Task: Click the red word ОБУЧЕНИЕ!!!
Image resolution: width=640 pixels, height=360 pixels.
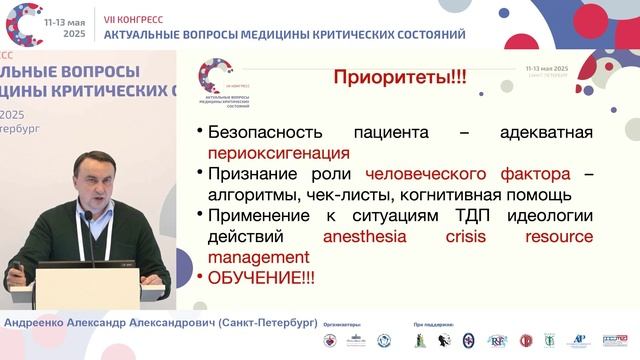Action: pyautogui.click(x=262, y=278)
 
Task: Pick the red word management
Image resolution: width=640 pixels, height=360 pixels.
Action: pyautogui.click(x=258, y=257)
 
